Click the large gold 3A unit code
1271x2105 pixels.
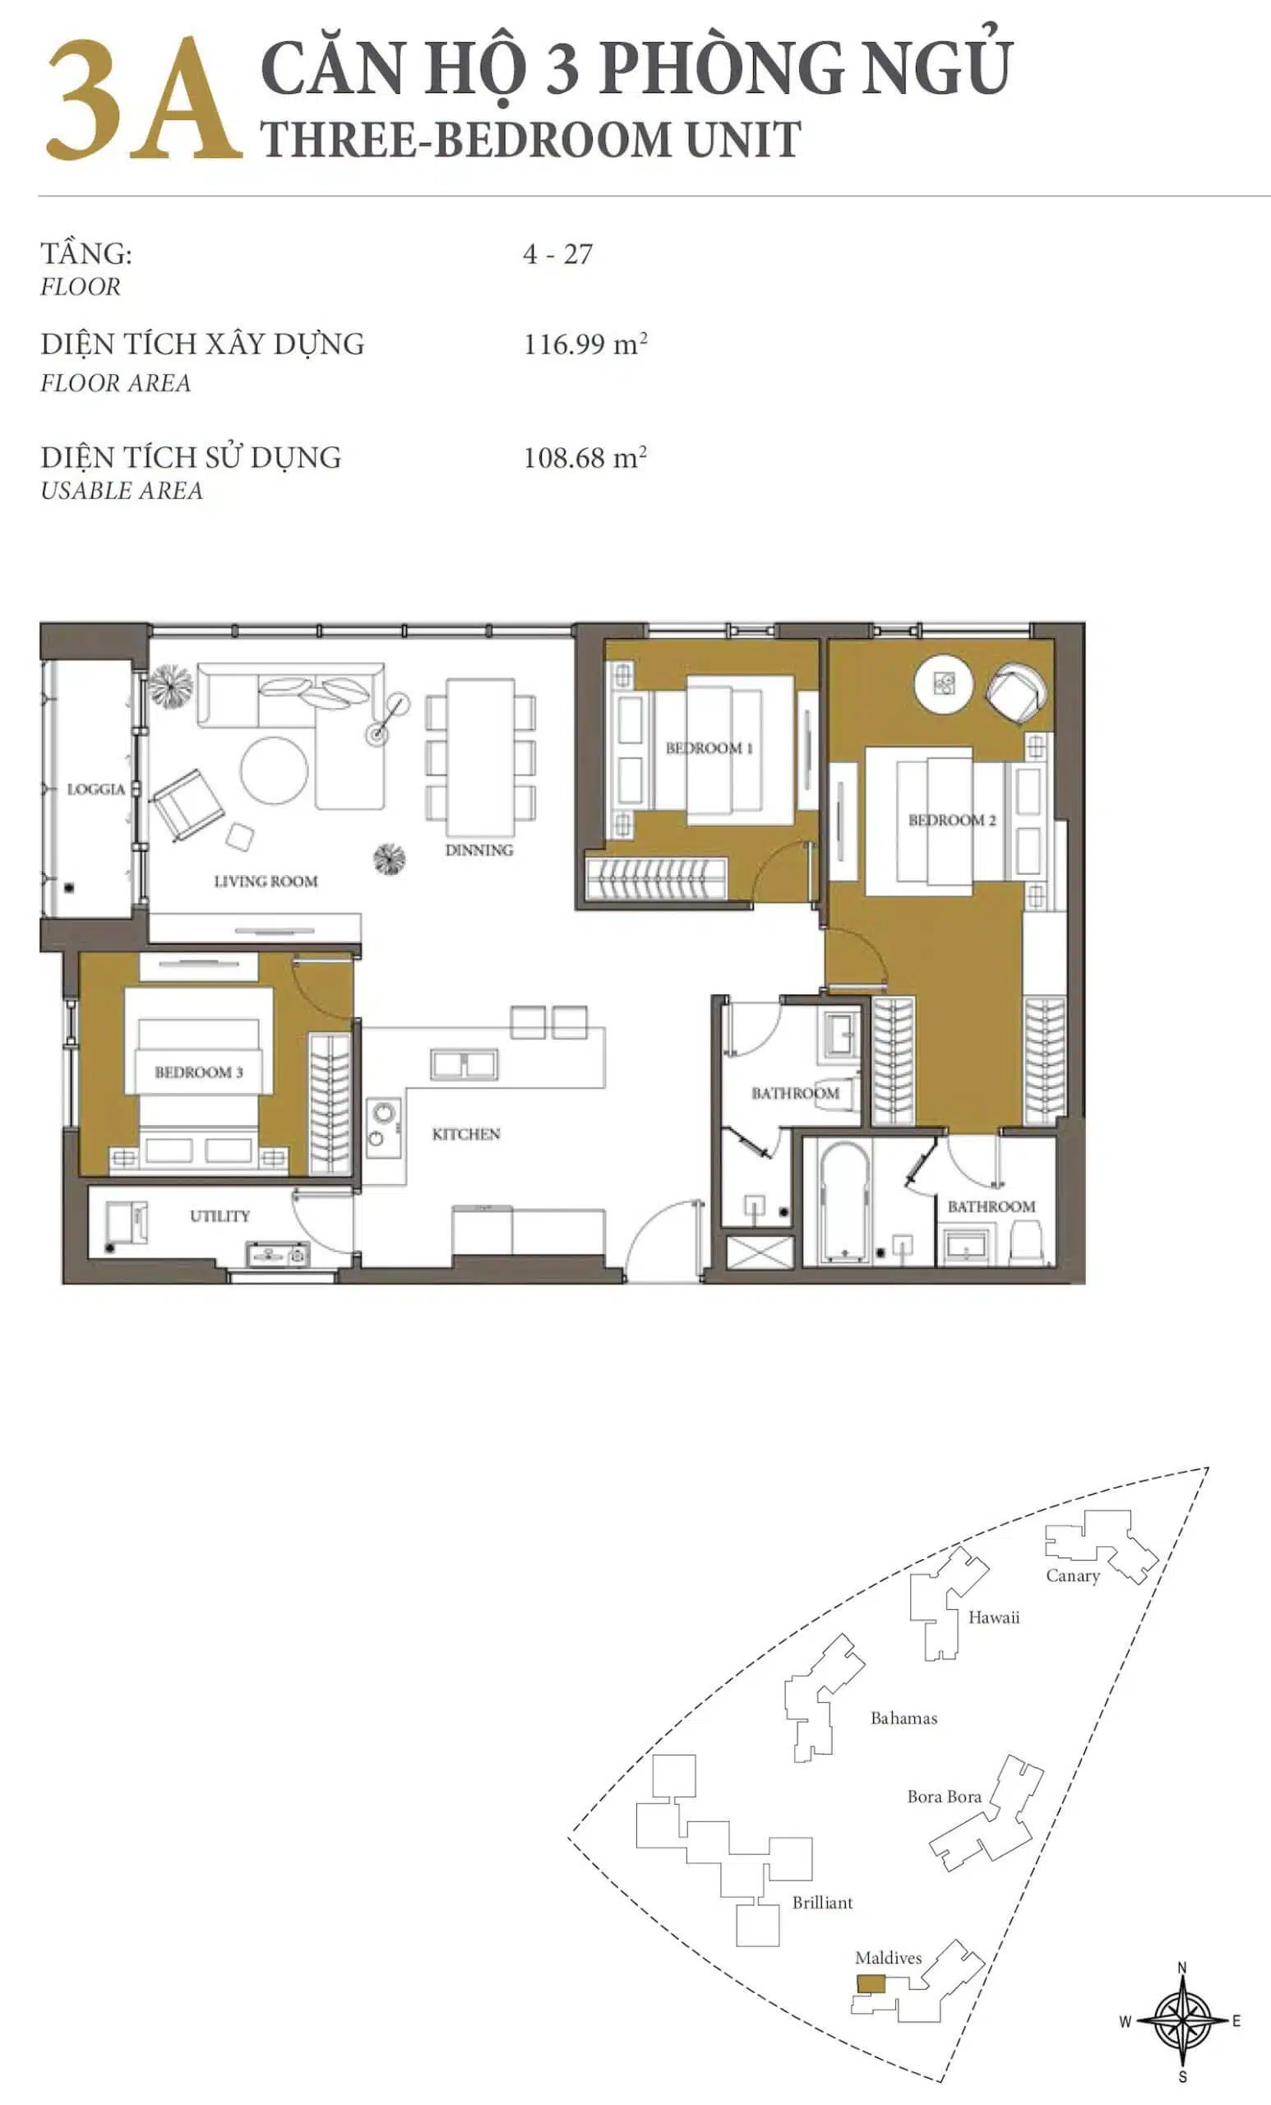143,101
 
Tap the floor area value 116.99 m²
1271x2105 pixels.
585,344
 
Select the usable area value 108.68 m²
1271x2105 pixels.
585,457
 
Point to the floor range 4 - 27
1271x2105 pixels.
557,254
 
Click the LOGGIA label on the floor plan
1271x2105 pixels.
95,789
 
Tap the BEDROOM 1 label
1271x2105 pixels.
709,748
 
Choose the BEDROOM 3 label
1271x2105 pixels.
198,1072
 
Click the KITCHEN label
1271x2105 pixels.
465,1134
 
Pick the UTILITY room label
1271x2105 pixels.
220,1215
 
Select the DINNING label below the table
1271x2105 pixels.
479,850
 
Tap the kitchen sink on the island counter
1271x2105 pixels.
464,1065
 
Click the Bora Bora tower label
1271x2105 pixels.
944,1797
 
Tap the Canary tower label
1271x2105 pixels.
1073,1576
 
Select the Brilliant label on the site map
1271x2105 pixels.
821,1903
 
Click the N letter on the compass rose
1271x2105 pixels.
1182,1969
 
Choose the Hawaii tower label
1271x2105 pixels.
993,1617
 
